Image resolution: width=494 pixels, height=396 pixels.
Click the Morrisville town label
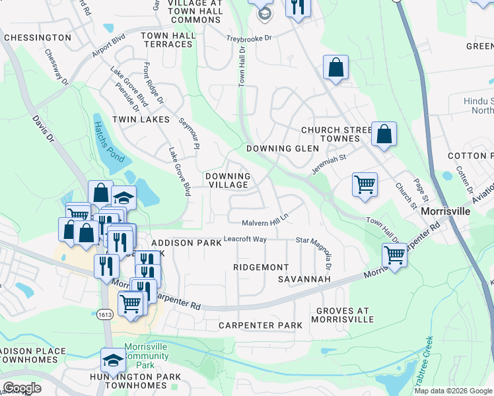[x=446, y=211]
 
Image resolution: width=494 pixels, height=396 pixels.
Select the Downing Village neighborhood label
[x=227, y=180]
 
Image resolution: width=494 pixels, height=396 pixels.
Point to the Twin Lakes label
[x=141, y=119]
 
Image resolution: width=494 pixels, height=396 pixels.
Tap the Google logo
[x=21, y=387]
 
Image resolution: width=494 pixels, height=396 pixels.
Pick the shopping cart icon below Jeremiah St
[x=365, y=184]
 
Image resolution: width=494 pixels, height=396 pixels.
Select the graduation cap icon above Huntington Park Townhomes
[x=112, y=360]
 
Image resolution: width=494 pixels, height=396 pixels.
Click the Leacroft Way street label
[x=245, y=239]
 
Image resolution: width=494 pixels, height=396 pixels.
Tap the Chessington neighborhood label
[x=37, y=38]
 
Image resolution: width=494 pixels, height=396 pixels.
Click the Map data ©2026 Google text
[x=452, y=391]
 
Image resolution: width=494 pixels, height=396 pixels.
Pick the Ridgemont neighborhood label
[x=261, y=267]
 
